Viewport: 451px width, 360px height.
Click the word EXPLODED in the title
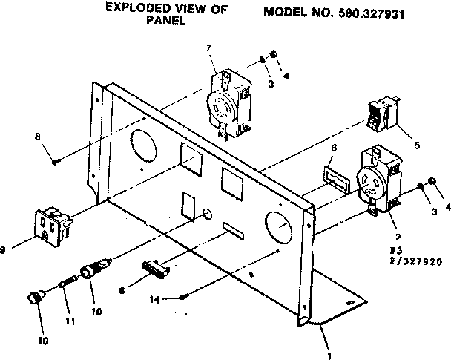tap(134, 8)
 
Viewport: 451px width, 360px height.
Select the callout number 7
tap(208, 48)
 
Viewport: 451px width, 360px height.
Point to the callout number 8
tap(37, 136)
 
